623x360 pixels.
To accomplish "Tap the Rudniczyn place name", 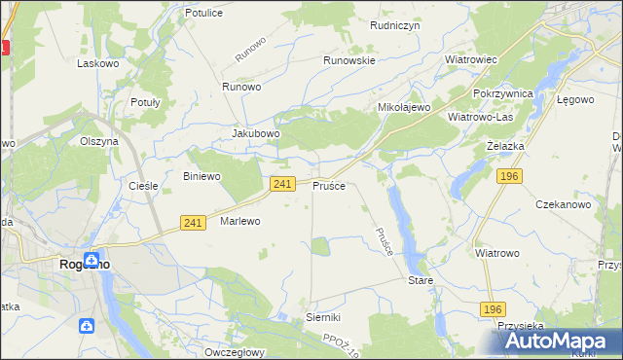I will pos(394,26).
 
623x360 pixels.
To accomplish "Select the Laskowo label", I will pos(97,62).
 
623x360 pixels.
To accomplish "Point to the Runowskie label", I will pos(349,59).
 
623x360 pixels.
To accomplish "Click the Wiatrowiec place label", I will pos(471,59).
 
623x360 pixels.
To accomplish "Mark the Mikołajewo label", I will pos(404,107).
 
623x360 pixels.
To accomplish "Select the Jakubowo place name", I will pos(256,133).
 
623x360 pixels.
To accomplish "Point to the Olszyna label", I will pos(98,141).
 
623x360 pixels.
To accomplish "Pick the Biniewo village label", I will pos(202,176).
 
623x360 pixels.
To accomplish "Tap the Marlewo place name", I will pos(240,221).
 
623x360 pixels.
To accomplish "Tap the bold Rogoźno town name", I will pos(85,264).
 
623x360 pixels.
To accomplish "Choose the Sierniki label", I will pos(322,317).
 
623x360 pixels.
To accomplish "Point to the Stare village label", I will pos(420,280).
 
